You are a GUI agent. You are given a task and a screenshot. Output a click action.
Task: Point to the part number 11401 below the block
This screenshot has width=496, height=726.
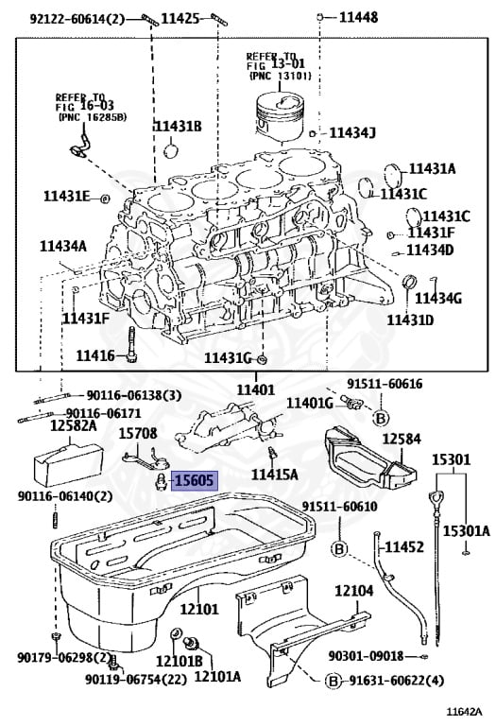point(255,389)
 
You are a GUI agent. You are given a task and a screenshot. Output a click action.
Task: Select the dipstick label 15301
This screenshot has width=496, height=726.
point(452,459)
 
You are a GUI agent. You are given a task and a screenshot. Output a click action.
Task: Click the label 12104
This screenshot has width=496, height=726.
point(356,591)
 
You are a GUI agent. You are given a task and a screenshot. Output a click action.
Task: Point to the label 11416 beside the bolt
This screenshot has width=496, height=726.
point(94,355)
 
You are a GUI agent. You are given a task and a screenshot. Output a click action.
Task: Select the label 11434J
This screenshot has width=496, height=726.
point(351,132)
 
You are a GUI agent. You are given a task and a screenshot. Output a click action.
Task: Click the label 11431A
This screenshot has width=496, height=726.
point(432,168)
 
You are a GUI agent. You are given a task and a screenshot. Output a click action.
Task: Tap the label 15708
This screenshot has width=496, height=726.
point(139,433)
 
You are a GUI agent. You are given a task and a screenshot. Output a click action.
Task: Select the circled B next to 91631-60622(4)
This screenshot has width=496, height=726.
point(333,681)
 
